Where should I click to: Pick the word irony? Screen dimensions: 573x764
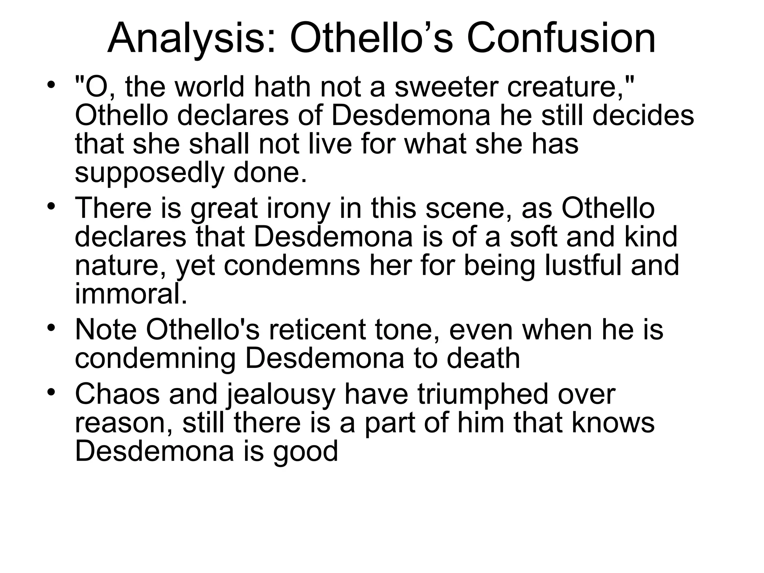coord(298,208)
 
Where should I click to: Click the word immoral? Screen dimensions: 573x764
coord(131,294)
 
